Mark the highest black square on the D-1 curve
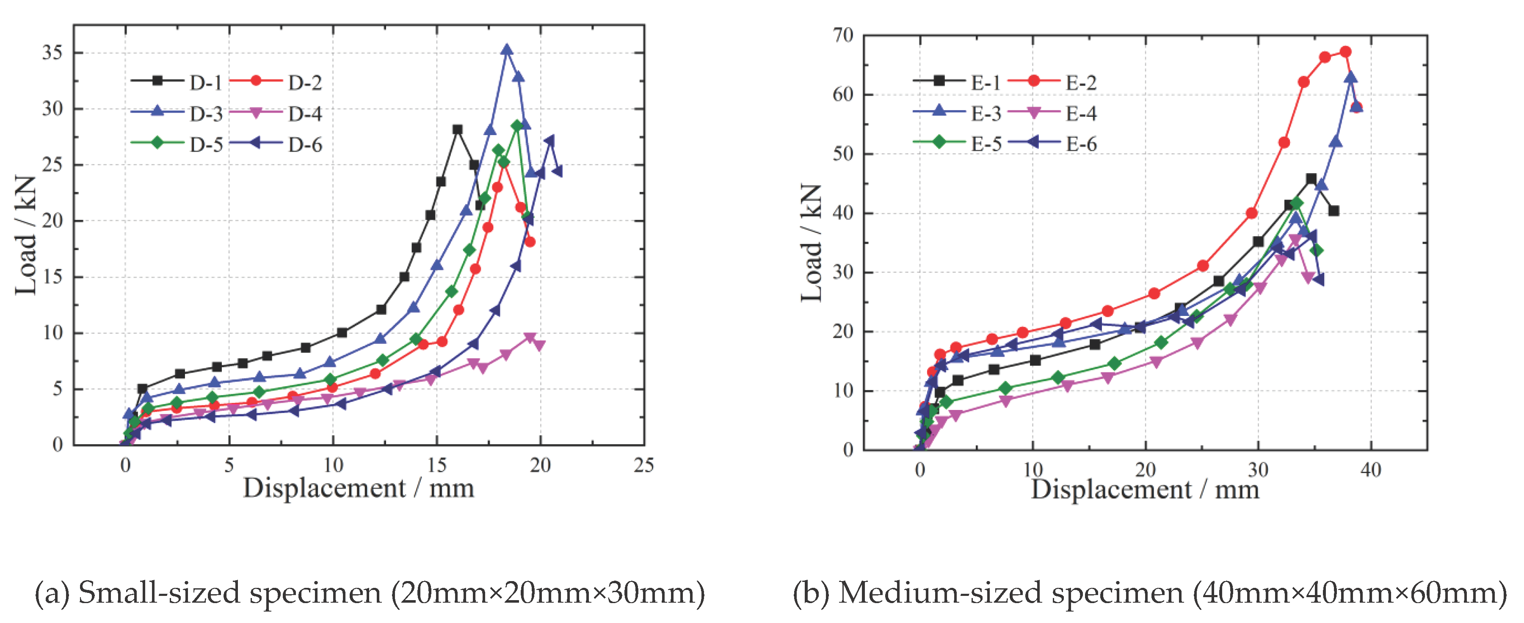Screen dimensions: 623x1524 click(457, 130)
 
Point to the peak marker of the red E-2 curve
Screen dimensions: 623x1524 click(1345, 52)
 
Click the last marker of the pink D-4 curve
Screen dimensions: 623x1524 click(539, 345)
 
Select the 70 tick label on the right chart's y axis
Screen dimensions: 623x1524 click(843, 36)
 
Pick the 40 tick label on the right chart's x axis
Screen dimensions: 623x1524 click(1371, 471)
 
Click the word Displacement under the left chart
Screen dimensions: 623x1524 click(324, 489)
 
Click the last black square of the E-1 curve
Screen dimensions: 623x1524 click(1333, 210)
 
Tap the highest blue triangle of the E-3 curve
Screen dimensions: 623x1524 click(1351, 78)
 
